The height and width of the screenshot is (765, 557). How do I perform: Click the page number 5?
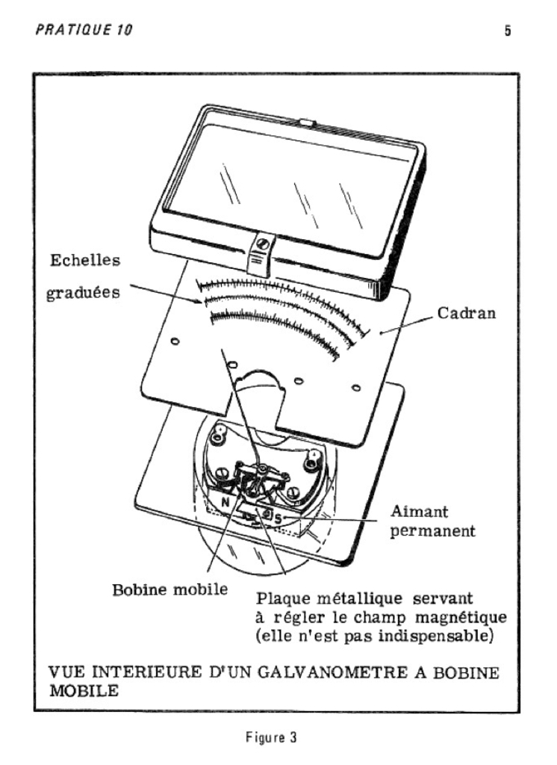(x=507, y=32)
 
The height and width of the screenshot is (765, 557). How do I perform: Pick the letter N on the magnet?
(x=223, y=502)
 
